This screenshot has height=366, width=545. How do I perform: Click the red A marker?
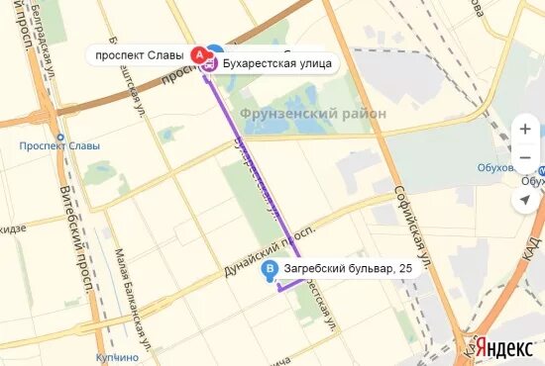pos(198,53)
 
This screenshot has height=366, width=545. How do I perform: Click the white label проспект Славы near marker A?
pos(139,54)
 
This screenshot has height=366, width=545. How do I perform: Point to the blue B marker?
pos(269,269)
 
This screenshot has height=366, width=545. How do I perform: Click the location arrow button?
pos(526,200)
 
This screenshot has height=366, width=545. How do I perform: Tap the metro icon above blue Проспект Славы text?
pos(59,137)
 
